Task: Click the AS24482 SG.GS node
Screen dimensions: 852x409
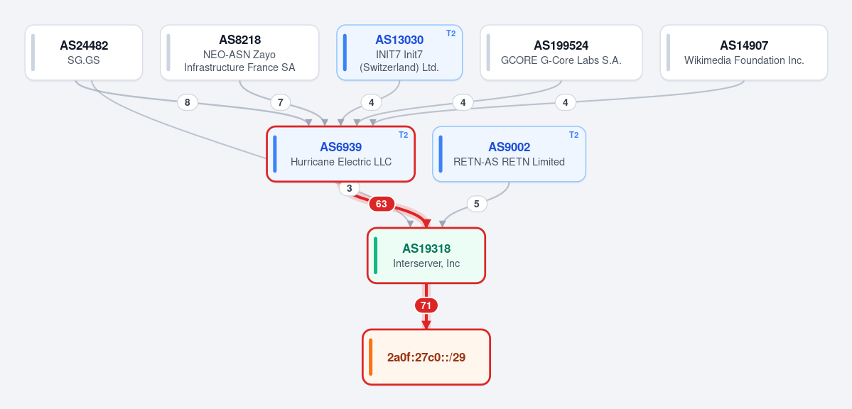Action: click(x=84, y=52)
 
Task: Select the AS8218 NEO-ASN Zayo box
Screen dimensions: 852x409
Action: click(x=239, y=52)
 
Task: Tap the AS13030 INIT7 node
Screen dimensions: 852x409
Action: click(x=399, y=52)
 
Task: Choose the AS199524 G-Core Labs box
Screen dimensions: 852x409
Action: click(x=561, y=52)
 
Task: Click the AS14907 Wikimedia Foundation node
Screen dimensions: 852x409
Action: click(x=744, y=52)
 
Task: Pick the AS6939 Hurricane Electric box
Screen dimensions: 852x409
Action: click(x=340, y=153)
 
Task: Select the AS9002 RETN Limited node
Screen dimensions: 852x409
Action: click(x=509, y=153)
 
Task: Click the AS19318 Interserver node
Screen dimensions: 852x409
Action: click(x=426, y=256)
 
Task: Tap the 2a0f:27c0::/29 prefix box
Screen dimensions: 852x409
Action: click(x=426, y=357)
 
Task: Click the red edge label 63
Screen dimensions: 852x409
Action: click(x=382, y=204)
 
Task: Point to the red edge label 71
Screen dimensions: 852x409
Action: click(x=426, y=305)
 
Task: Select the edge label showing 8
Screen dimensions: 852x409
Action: click(x=188, y=102)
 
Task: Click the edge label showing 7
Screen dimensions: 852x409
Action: click(x=281, y=102)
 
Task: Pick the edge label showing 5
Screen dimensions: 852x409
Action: click(x=477, y=204)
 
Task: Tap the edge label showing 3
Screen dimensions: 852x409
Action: click(x=350, y=188)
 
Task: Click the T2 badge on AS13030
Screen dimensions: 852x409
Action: click(x=451, y=33)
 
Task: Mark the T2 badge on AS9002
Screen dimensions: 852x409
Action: click(x=573, y=135)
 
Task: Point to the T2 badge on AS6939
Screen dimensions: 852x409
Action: click(x=403, y=135)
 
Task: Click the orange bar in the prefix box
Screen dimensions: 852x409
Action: click(x=371, y=357)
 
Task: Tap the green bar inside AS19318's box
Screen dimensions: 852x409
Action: click(x=375, y=256)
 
